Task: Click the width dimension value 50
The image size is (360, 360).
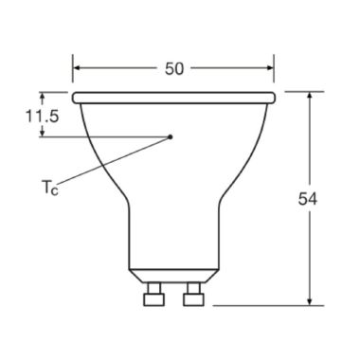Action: coord(174,68)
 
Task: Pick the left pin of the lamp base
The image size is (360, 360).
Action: coord(149,297)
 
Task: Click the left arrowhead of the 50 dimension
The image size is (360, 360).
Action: coord(79,68)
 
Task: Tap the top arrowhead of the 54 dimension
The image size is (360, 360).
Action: coord(312,97)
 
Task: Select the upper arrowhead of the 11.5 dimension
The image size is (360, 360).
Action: coord(44,97)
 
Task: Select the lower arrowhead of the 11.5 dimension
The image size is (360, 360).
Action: coord(44,133)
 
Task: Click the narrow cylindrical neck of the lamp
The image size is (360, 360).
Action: coord(173,237)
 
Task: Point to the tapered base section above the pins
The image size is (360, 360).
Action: coord(173,275)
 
